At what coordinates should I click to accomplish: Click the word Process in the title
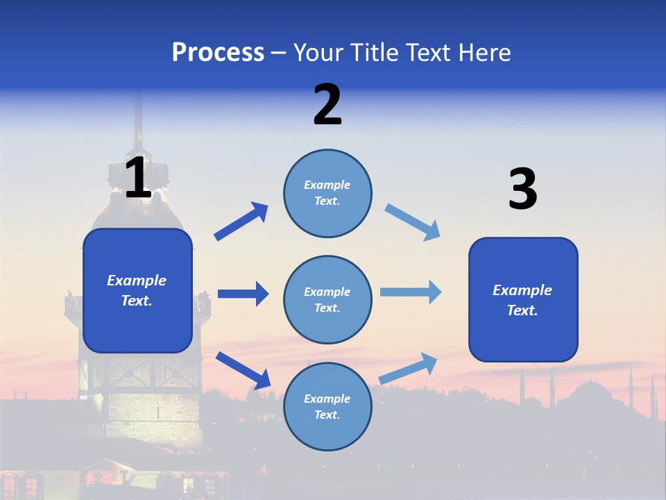[218, 53]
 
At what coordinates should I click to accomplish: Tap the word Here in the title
[481, 53]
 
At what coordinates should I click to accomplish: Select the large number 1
[138, 178]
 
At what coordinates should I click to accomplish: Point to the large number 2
[327, 105]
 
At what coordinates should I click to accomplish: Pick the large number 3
[522, 190]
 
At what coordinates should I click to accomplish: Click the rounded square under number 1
[137, 290]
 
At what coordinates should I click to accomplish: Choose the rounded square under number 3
[523, 299]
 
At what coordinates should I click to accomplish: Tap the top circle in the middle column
[327, 193]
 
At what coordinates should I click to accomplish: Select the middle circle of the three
[327, 299]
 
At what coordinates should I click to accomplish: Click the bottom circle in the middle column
[327, 406]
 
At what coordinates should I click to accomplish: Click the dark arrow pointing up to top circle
[241, 222]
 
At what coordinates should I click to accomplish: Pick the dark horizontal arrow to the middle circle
[243, 294]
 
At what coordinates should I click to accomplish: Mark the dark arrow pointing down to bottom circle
[243, 370]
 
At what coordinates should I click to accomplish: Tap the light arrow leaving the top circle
[412, 222]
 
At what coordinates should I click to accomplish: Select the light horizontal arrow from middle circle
[411, 292]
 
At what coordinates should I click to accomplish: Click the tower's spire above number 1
[138, 118]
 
